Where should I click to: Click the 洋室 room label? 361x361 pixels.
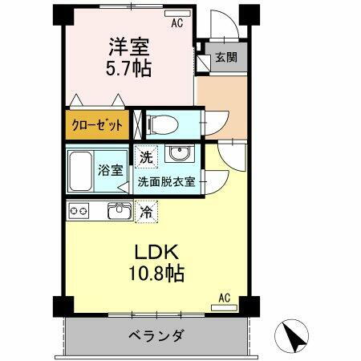click(x=126, y=47)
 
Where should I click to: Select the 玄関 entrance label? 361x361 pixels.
click(x=225, y=59)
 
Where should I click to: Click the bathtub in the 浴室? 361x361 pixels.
click(x=83, y=168)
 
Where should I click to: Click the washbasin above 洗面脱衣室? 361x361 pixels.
click(x=178, y=155)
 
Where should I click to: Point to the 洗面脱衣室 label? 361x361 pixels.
click(x=166, y=181)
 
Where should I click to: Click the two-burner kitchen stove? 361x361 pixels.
click(x=79, y=211)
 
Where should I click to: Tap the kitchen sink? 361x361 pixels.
click(x=118, y=212)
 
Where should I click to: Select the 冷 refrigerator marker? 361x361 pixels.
click(x=146, y=212)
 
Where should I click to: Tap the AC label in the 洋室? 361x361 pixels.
click(x=176, y=23)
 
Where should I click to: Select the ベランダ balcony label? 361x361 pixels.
click(x=157, y=335)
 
